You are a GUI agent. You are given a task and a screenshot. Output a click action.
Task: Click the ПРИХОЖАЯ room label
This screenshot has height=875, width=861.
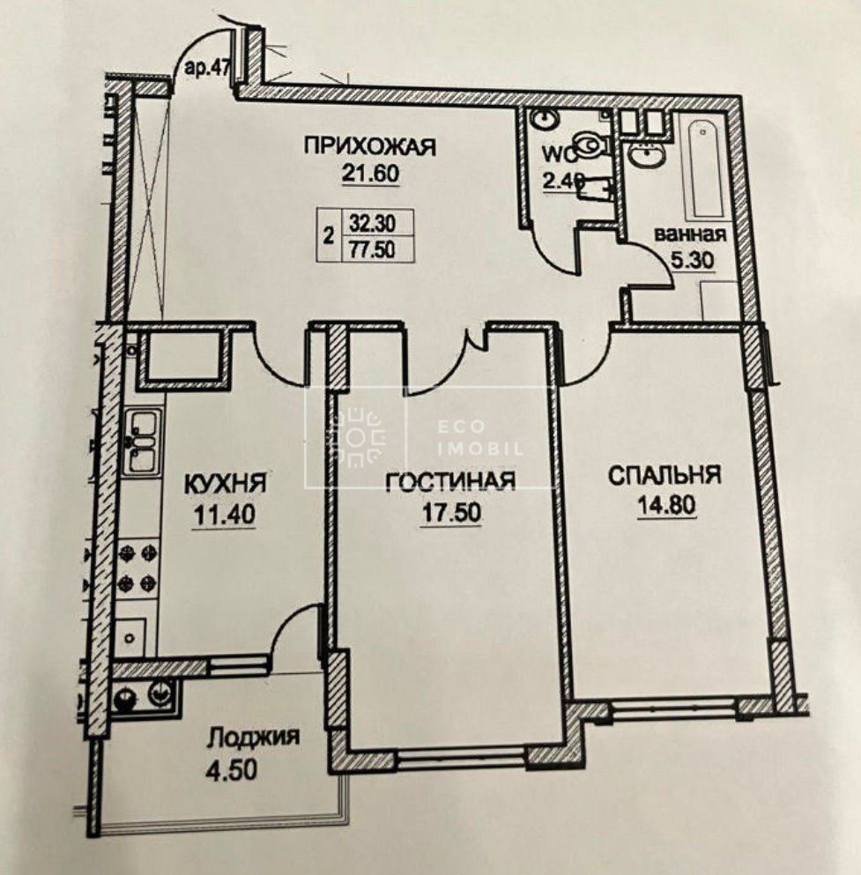tap(370, 147)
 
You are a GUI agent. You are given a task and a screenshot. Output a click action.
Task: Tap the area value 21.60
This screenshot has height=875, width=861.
tap(370, 174)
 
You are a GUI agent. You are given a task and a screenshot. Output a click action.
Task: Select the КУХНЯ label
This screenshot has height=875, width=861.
tap(226, 484)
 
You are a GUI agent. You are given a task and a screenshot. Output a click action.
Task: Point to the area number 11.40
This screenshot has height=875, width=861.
tap(224, 514)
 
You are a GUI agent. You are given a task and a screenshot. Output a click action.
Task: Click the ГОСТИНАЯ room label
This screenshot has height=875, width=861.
tap(451, 481)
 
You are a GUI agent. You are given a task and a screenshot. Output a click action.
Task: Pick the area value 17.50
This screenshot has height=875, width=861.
tap(451, 512)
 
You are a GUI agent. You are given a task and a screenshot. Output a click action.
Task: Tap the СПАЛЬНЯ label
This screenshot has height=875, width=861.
tap(664, 475)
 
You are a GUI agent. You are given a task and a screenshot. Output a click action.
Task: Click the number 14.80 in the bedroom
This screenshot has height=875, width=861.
tap(665, 505)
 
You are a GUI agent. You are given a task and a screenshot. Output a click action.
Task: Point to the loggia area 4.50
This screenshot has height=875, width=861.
tap(232, 770)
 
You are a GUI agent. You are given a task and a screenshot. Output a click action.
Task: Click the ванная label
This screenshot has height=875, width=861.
tap(690, 234)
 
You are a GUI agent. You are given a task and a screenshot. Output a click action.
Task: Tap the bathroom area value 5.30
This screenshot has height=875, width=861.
tap(692, 260)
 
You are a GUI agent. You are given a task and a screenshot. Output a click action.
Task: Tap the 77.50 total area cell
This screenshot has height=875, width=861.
tap(372, 248)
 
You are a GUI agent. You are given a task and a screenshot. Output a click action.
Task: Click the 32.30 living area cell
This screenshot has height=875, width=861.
tap(372, 223)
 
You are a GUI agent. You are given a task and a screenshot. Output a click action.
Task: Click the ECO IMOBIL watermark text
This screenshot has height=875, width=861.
tap(481, 438)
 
